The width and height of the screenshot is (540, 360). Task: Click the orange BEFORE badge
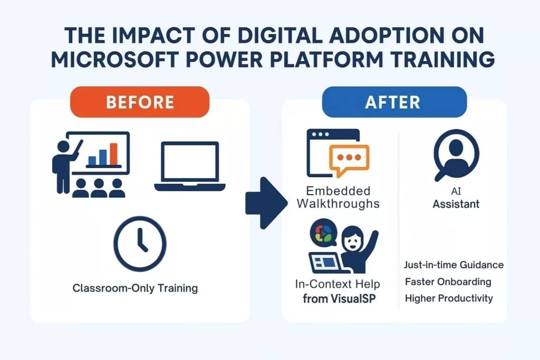(x=139, y=102)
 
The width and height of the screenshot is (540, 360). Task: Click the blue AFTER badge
(x=394, y=102)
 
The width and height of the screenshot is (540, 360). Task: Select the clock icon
(x=140, y=244)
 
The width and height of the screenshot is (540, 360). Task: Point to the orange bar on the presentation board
(x=114, y=154)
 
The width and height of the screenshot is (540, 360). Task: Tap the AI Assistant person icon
(x=456, y=154)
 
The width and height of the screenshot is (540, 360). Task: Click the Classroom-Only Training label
(x=135, y=288)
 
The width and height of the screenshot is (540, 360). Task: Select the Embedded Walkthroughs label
(x=338, y=197)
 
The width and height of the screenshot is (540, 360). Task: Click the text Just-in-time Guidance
(x=454, y=265)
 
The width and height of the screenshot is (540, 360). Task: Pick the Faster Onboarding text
(x=448, y=282)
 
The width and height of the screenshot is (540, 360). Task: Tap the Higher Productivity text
(x=449, y=298)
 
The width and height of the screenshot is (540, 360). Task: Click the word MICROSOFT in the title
(x=114, y=59)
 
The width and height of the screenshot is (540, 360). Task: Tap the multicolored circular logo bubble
(x=323, y=233)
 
